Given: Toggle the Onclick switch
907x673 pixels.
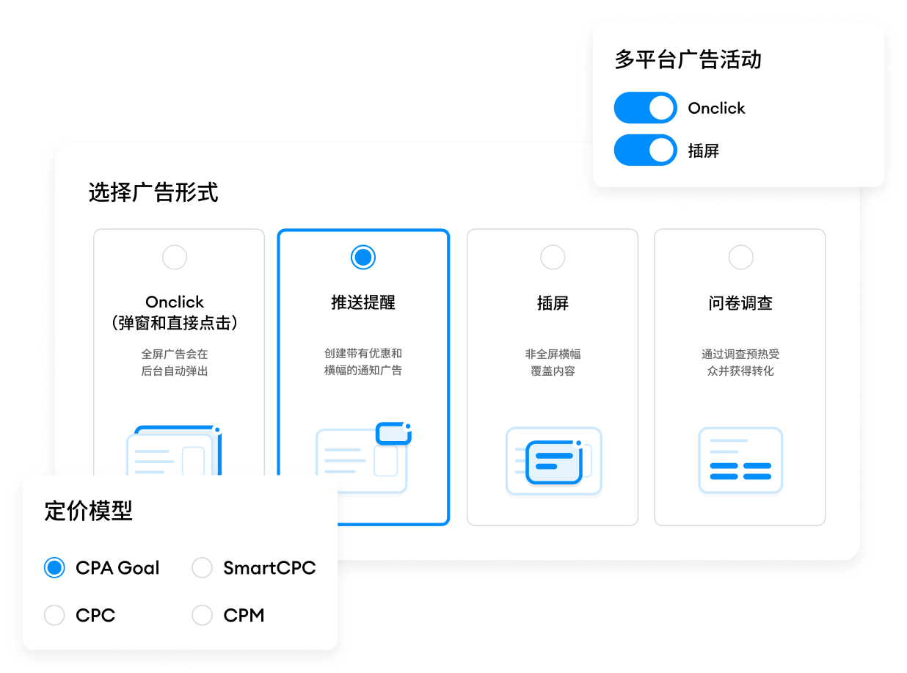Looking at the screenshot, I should click(x=645, y=108).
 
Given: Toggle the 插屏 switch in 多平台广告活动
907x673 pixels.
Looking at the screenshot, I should click(x=645, y=150).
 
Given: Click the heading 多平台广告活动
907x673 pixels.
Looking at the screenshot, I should click(x=688, y=59).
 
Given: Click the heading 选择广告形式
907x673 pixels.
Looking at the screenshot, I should click(x=153, y=192).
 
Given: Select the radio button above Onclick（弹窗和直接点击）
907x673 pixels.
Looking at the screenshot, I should click(x=175, y=258).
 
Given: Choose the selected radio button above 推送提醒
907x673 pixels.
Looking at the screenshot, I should click(x=363, y=257).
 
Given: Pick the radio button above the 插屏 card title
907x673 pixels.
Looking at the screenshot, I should click(x=553, y=258).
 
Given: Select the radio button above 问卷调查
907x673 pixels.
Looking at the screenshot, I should click(x=740, y=258).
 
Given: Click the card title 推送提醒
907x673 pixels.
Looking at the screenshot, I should click(x=363, y=303).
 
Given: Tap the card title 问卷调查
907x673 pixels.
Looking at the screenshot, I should click(x=740, y=303).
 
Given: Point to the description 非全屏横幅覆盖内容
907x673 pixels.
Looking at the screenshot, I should click(x=553, y=363).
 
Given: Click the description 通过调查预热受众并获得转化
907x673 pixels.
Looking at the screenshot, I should click(x=740, y=363).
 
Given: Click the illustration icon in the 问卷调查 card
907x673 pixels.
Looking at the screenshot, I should click(x=740, y=460).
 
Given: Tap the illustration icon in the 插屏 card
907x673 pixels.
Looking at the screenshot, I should click(x=553, y=460).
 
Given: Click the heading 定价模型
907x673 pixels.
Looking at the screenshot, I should click(x=89, y=511).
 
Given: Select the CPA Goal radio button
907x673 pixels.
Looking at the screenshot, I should click(x=54, y=567).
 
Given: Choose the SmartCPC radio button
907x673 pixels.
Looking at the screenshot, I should click(x=202, y=567).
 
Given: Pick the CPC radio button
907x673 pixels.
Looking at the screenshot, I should click(x=54, y=615).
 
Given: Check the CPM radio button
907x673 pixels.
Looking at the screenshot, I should click(x=202, y=615).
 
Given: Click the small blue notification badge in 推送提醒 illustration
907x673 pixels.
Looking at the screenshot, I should click(x=393, y=433).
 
